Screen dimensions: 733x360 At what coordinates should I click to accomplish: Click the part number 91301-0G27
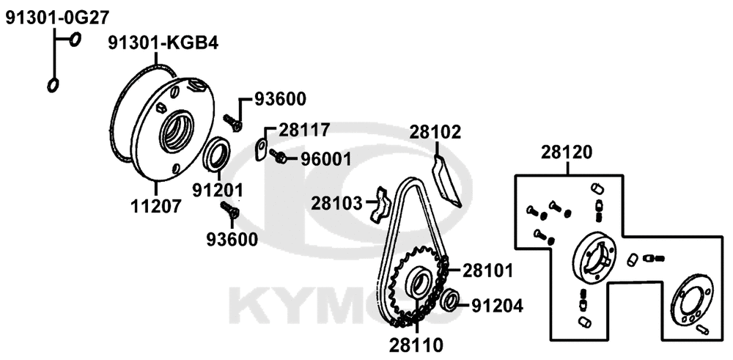pyautogui.click(x=57, y=18)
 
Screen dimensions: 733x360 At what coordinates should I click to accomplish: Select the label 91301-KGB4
pyautogui.click(x=163, y=43)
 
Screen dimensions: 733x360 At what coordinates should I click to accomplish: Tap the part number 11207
pyautogui.click(x=155, y=206)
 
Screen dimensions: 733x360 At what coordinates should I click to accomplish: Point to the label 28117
pyautogui.click(x=304, y=129)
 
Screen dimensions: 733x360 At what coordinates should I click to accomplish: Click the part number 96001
pyautogui.click(x=325, y=159)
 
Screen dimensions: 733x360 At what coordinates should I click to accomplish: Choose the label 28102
pyautogui.click(x=435, y=132)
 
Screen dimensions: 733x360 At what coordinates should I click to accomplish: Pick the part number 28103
pyautogui.click(x=336, y=203)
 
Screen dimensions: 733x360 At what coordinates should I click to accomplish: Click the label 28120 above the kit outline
pyautogui.click(x=567, y=153)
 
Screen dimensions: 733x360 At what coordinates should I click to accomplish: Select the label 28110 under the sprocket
pyautogui.click(x=416, y=345)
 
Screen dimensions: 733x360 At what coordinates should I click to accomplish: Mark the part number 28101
pyautogui.click(x=487, y=271)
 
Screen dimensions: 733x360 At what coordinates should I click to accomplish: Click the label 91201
pyautogui.click(x=218, y=191)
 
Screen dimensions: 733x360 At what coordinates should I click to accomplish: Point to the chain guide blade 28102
pyautogui.click(x=446, y=181)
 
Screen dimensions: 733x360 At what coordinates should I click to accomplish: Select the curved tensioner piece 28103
pyautogui.click(x=383, y=204)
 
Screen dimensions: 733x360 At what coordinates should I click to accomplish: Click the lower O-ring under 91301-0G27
pyautogui.click(x=53, y=85)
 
